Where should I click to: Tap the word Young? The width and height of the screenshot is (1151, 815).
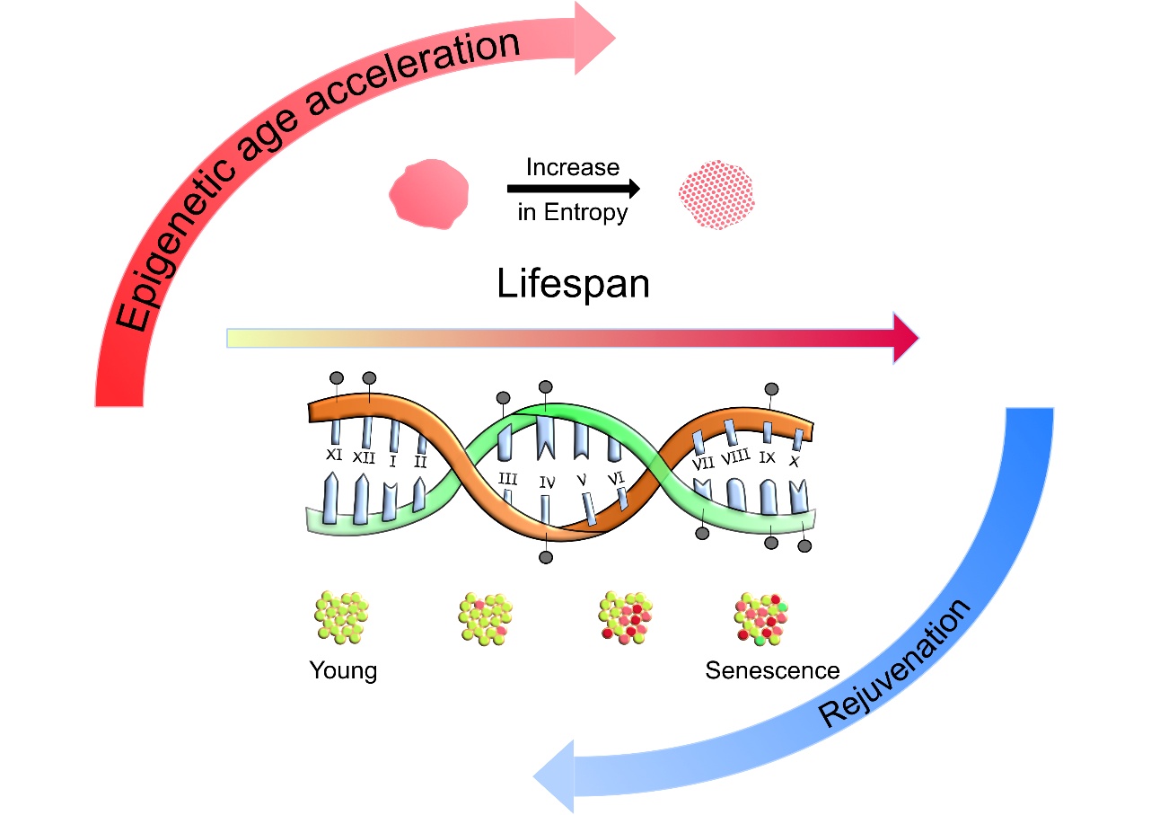tap(343, 671)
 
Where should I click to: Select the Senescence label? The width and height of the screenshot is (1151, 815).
tap(772, 671)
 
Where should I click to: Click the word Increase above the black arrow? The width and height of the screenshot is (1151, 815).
tap(573, 168)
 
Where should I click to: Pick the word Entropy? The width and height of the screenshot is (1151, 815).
tap(589, 214)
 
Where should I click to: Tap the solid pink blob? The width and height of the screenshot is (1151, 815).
tap(428, 191)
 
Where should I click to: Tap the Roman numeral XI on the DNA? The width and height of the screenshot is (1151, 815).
tap(334, 456)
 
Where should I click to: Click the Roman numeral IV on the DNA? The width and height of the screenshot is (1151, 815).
tap(547, 483)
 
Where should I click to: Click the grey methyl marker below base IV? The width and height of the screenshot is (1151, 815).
tap(546, 558)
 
